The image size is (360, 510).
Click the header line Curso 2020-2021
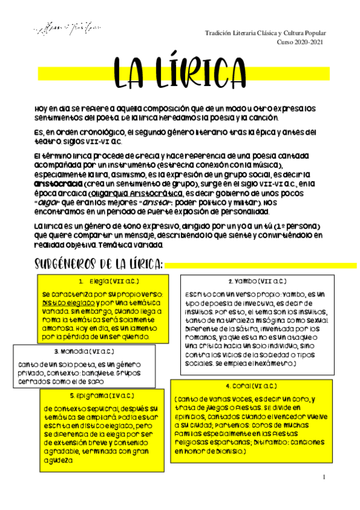point(300,41)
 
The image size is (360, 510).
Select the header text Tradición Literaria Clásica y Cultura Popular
point(265,33)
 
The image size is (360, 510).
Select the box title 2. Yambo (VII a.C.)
point(257,281)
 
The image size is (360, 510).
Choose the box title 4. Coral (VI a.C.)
point(251,386)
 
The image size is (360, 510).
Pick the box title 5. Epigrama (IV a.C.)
point(99,395)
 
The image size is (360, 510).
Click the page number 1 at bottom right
point(324,477)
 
